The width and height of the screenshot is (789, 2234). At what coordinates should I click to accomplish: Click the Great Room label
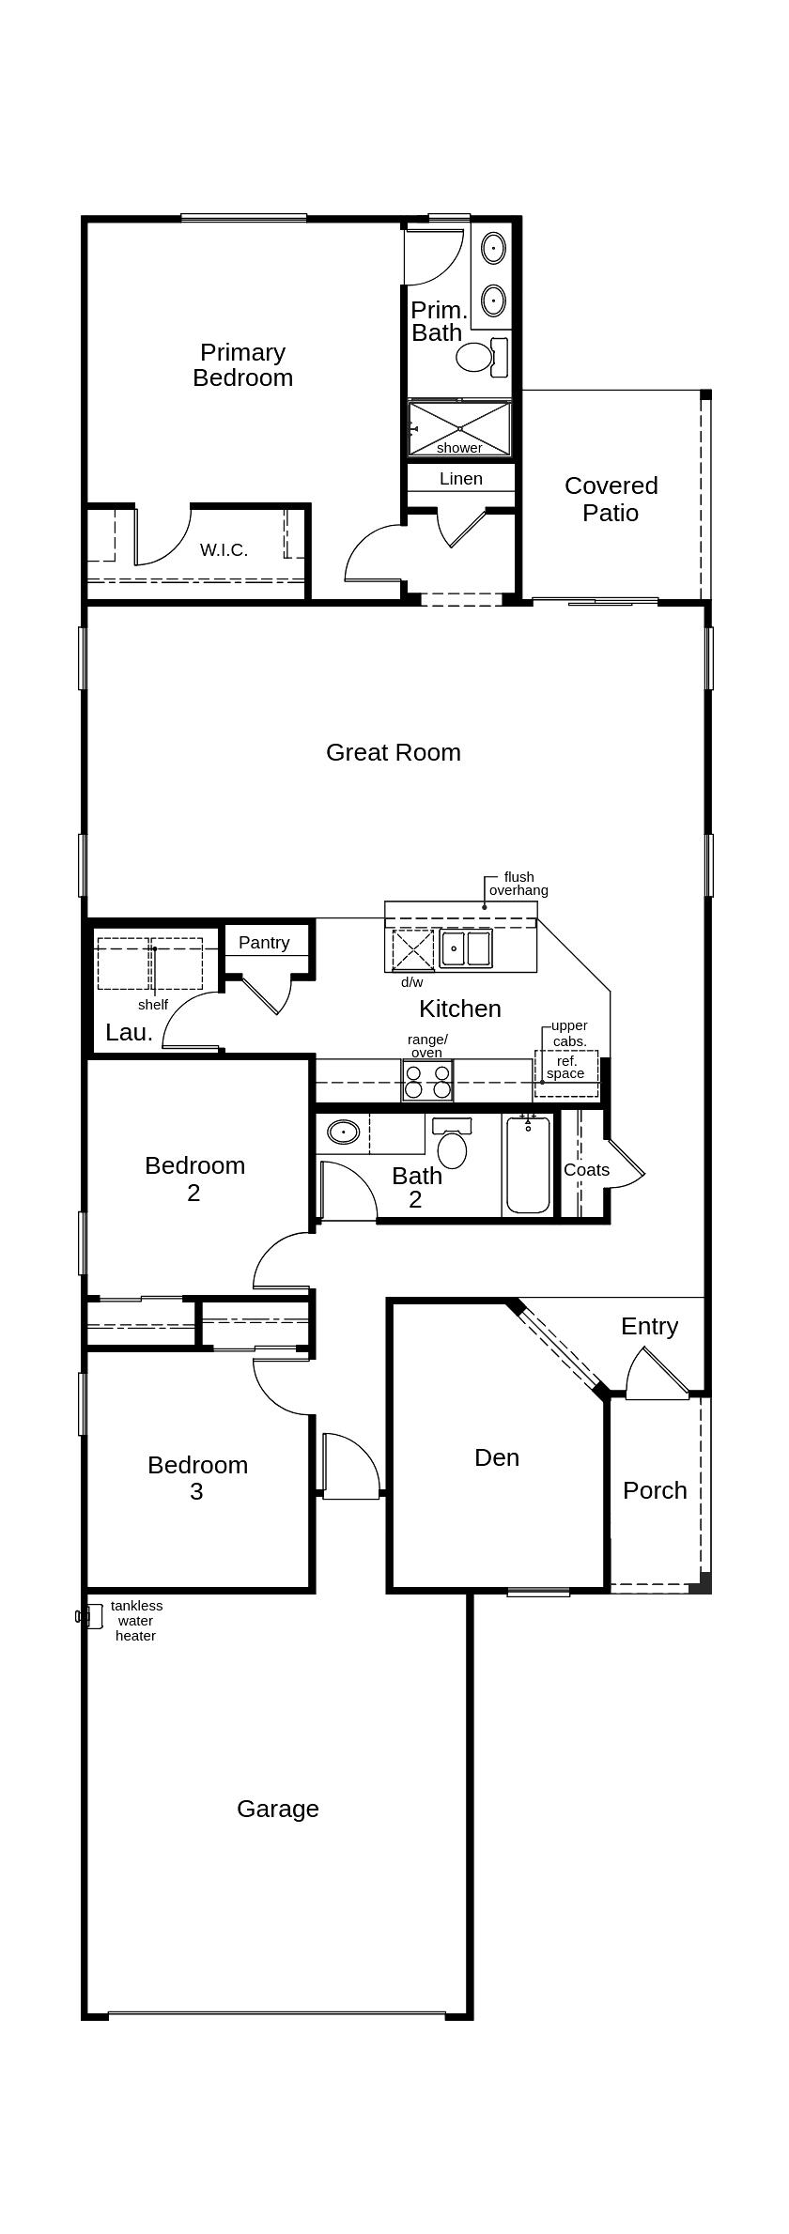[394, 752]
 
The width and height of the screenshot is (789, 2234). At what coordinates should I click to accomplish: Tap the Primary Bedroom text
[243, 365]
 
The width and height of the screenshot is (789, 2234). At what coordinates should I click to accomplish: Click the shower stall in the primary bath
[459, 429]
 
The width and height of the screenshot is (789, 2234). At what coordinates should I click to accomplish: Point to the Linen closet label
[461, 479]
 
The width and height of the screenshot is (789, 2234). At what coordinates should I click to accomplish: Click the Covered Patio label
[611, 499]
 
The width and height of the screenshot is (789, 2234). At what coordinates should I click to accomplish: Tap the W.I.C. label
[224, 550]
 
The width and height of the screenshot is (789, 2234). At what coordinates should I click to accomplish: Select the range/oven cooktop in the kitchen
[427, 1080]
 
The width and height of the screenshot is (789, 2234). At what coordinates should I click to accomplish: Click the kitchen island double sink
[466, 948]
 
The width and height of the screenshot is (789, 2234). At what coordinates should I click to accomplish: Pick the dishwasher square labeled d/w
[413, 950]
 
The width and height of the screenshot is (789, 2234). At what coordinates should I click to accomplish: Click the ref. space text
[565, 1067]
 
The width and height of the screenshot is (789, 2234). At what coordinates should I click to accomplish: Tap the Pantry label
[264, 943]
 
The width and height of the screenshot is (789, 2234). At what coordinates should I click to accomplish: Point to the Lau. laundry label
[130, 1033]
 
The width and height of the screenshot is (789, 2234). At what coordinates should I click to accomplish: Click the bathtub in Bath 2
[529, 1164]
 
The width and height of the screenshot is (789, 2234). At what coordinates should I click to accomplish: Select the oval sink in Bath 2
[344, 1132]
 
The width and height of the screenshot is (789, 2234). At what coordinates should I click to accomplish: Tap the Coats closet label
[587, 1170]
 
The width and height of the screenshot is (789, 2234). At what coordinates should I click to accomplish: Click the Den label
[497, 1457]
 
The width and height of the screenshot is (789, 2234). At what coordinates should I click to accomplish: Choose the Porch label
[656, 1490]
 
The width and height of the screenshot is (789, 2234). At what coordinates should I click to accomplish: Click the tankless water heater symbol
[89, 1616]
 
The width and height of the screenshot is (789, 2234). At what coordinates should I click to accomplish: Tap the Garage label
[278, 1810]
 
